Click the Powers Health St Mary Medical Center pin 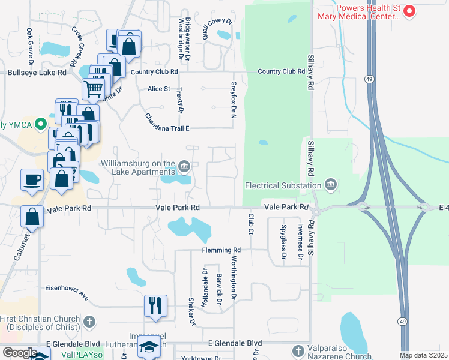[410, 11]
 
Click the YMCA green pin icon [41, 125]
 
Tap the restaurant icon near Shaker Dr [155, 305]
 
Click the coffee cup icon [32, 179]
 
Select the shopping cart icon [93, 89]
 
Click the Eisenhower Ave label [67, 292]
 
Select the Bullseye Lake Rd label [37, 73]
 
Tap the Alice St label [159, 89]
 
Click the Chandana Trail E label [167, 122]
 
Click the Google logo [20, 353]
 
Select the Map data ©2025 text [423, 355]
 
